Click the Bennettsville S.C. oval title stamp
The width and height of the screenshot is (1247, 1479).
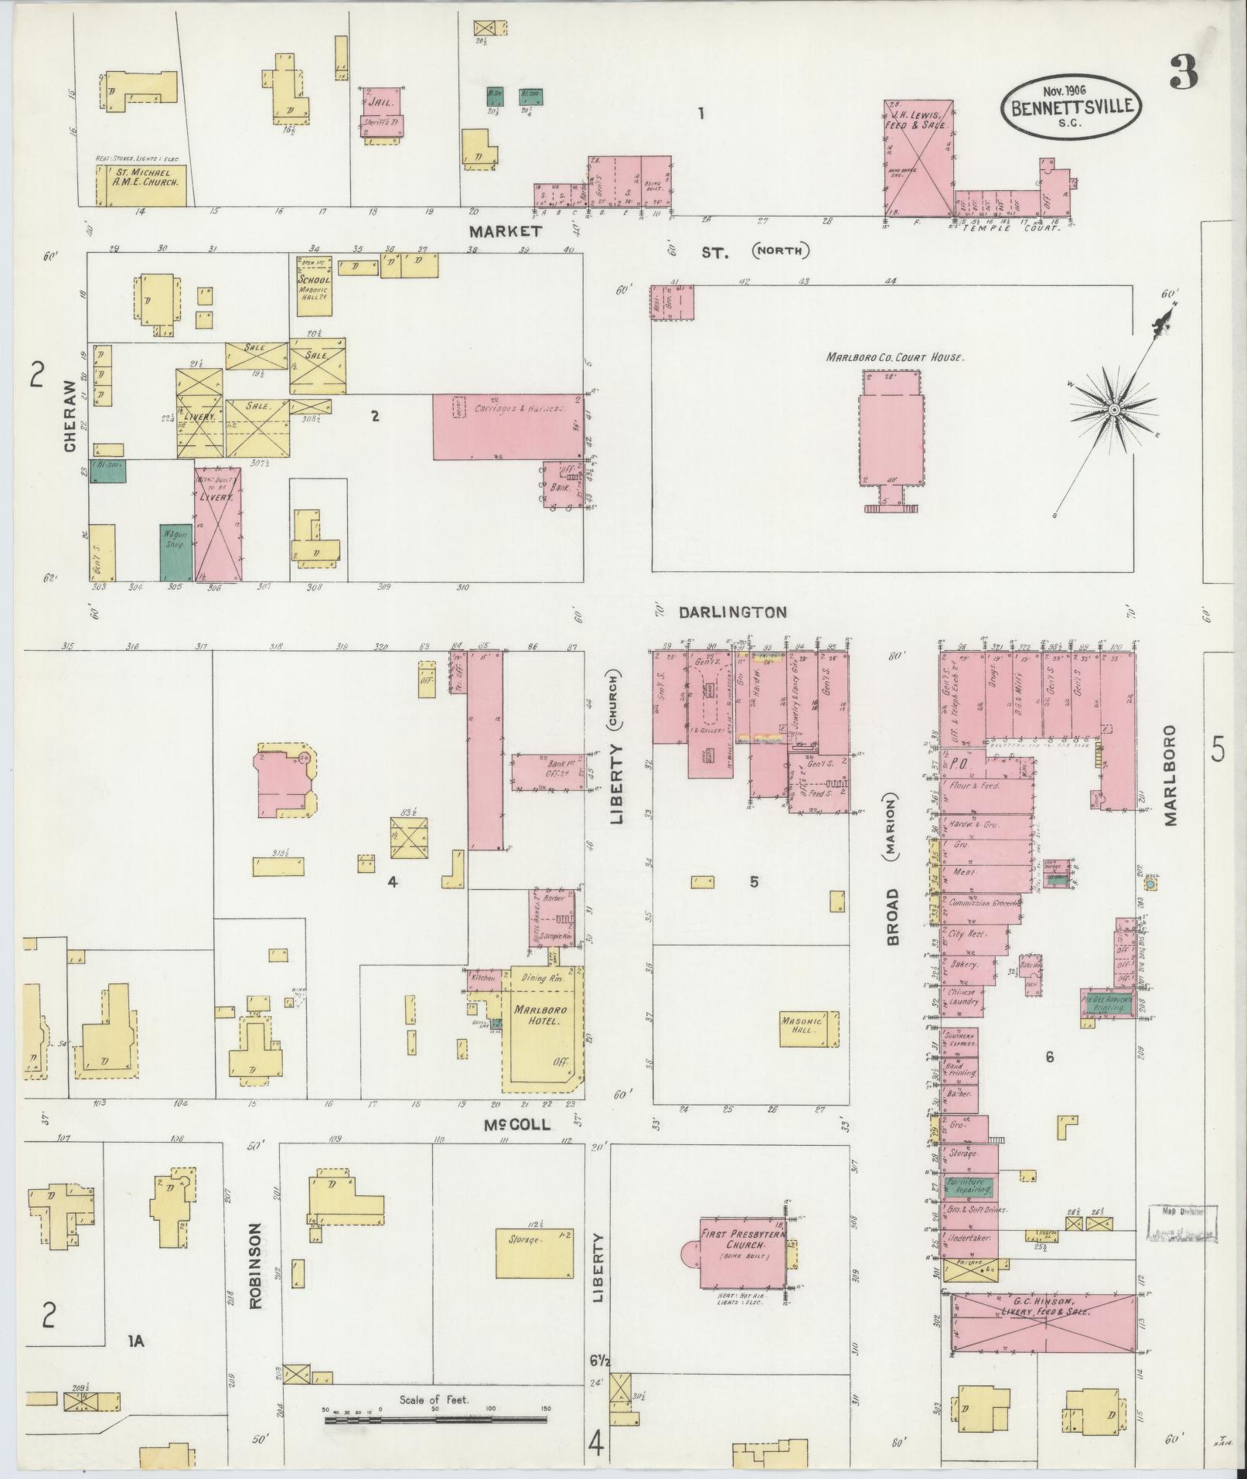tap(1072, 109)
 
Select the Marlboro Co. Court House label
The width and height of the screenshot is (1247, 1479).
tap(895, 358)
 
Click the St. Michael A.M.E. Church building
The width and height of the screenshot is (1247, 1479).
tap(140, 184)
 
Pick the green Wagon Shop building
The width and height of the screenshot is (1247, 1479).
tap(175, 552)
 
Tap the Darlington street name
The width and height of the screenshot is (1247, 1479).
tap(732, 612)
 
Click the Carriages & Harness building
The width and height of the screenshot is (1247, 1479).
tap(507, 427)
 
